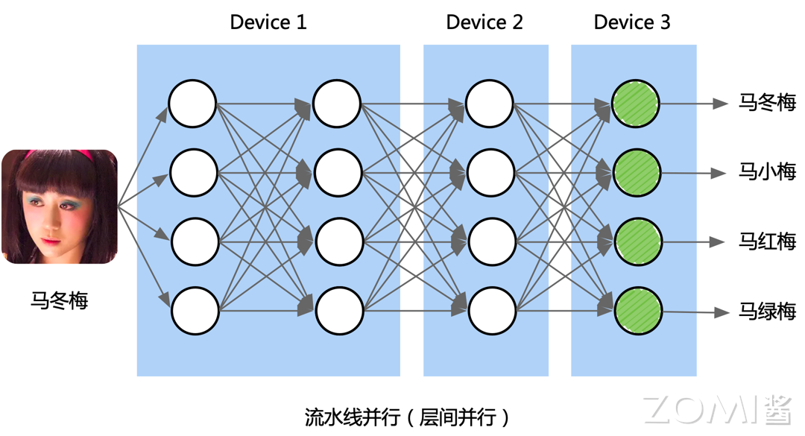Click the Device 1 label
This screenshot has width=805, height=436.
coord(268,22)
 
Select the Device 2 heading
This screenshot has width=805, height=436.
coord(484,22)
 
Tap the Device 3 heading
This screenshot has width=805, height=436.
coord(632,22)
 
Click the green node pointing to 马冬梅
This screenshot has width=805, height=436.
coord(636,104)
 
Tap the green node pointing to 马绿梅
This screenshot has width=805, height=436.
coord(638,312)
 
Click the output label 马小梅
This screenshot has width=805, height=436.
coord(767,173)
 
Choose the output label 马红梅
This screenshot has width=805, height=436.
coord(767,242)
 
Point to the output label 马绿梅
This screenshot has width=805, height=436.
coord(767,312)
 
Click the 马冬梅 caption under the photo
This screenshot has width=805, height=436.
coord(60,300)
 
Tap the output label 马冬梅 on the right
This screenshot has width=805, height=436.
coord(767,103)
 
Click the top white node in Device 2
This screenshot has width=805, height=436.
coord(490,104)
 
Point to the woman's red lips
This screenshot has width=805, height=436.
coord(50,242)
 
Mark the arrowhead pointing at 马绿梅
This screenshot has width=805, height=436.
coord(721,312)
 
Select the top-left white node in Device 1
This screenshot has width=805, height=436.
coord(192,104)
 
